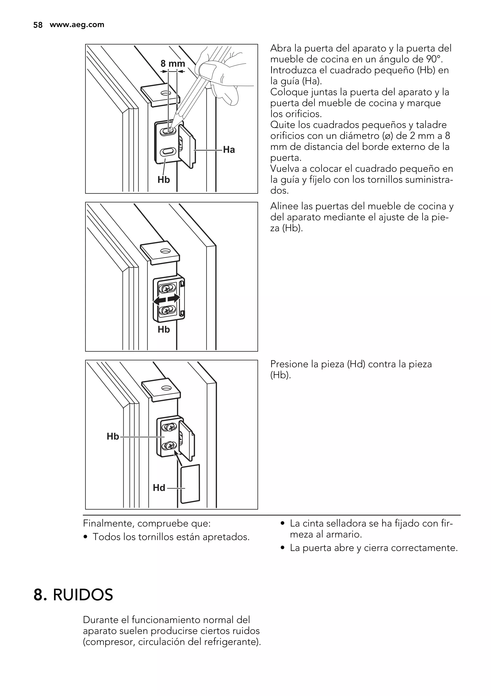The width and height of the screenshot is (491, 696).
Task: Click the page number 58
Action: (x=38, y=25)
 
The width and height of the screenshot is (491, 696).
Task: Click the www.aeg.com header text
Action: (x=77, y=24)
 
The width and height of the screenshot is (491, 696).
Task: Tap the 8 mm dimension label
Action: (x=173, y=64)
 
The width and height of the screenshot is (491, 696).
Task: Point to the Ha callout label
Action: (x=229, y=150)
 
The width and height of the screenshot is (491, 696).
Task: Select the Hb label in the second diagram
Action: (x=164, y=329)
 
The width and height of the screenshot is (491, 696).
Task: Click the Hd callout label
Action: (x=159, y=488)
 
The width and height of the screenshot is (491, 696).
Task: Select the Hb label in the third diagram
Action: (x=113, y=436)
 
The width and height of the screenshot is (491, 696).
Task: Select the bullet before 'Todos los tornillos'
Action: (x=86, y=537)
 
